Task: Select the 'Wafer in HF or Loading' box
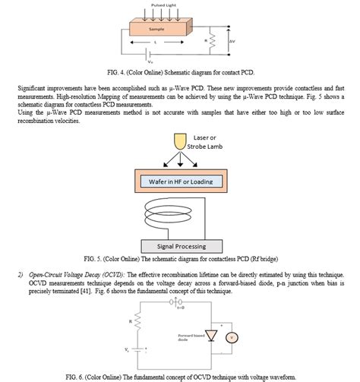point(180,182)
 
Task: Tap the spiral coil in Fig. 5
point(179,215)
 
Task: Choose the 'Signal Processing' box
point(179,247)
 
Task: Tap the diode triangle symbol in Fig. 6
point(220,335)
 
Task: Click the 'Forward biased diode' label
point(190,337)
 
